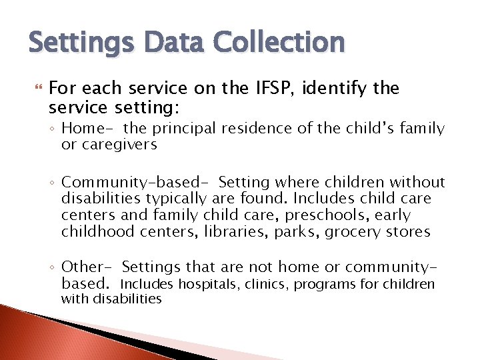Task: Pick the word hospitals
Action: [x=203, y=285]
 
